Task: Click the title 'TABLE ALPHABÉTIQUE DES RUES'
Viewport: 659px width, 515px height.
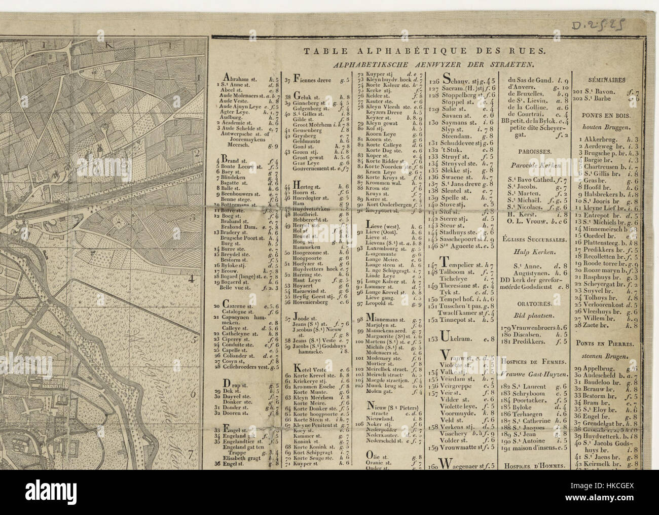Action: point(424,51)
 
